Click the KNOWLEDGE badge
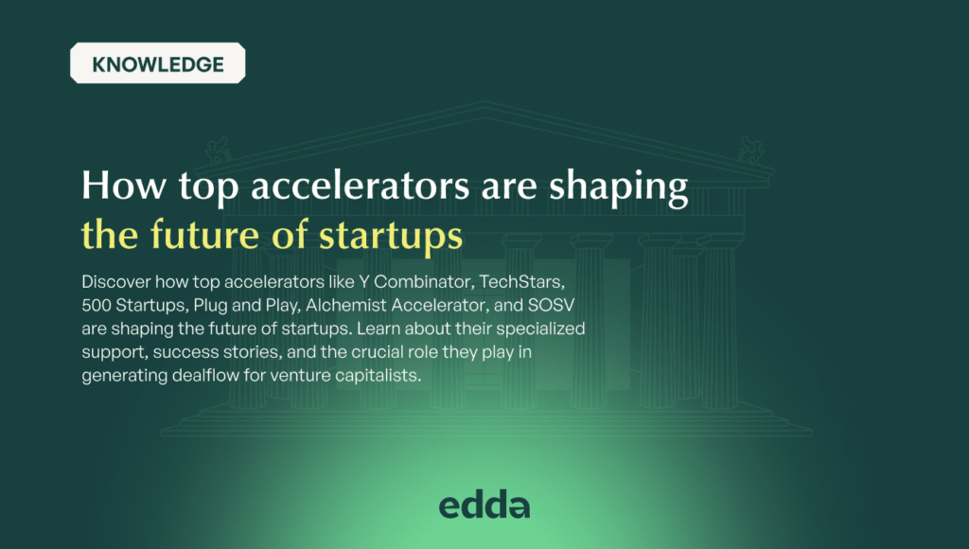coord(157,64)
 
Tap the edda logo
coord(484,505)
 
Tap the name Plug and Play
coord(241,305)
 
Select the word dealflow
coord(197,376)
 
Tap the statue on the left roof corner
coord(217,149)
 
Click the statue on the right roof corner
coord(753,148)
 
